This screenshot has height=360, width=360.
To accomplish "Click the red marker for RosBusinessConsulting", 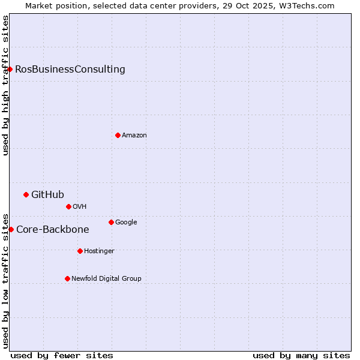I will pos(10,69).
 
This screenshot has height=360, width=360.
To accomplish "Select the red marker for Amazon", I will pos(118,135).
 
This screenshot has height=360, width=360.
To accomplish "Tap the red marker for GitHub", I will pos(26,194).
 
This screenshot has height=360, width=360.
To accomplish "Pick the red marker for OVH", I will pos(68,206).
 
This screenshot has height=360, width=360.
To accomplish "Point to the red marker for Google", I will pos(111,222).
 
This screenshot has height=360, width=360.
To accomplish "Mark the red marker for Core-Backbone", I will pos(11,229).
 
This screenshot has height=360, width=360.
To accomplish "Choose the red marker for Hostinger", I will pos(80,251).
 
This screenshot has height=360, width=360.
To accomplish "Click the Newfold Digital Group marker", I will pos(67,278).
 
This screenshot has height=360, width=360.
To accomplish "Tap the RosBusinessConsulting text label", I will pos(70,69).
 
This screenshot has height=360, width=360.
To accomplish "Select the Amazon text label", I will pos(134,135).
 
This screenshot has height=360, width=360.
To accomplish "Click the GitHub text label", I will pos(47,194).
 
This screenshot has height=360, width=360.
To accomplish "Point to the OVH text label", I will pos(80,206).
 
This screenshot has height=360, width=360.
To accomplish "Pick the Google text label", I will pos(126,222).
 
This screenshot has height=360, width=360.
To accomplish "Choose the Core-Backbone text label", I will pos(53,229).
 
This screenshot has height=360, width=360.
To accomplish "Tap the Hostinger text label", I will pos(99,251).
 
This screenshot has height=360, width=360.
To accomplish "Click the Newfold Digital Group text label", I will pos(106,278).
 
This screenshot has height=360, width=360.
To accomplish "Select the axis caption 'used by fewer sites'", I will pos(62,355).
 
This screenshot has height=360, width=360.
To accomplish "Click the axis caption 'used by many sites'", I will pos(301,355).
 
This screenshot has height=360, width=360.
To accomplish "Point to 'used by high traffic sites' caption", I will pos(5,85).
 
